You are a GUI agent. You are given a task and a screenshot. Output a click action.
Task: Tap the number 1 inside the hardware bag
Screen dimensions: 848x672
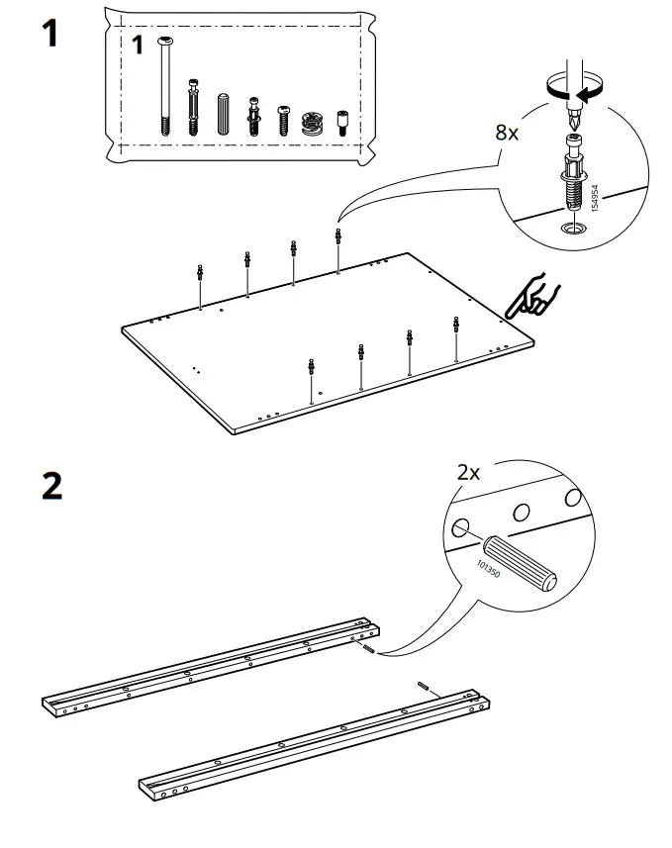pyautogui.click(x=138, y=45)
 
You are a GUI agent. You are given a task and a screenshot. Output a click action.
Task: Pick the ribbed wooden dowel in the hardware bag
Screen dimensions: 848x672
pyautogui.click(x=221, y=113)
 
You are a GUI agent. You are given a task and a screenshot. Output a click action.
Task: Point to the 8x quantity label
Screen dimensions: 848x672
pyautogui.click(x=506, y=133)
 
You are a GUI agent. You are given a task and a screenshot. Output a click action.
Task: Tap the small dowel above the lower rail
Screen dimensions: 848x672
pyautogui.click(x=424, y=685)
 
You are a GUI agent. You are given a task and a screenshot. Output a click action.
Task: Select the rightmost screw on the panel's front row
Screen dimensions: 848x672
pyautogui.click(x=455, y=327)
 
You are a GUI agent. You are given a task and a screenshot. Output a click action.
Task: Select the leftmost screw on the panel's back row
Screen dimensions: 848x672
pyautogui.click(x=201, y=274)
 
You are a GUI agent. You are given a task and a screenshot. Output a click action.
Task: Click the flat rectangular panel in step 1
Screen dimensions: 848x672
pyautogui.click(x=327, y=341)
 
